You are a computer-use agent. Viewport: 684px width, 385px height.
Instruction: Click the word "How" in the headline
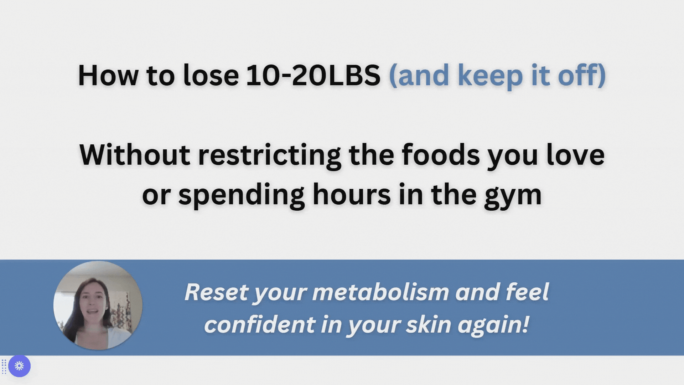click(108, 75)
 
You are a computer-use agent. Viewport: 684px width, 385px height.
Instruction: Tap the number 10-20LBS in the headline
click(313, 75)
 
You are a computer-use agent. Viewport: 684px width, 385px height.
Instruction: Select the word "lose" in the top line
click(211, 75)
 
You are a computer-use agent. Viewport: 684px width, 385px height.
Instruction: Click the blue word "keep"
click(490, 77)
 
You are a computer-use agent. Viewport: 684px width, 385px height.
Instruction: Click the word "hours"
click(352, 194)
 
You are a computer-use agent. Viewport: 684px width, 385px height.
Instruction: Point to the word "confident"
click(259, 324)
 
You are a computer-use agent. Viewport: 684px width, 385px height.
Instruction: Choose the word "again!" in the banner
click(493, 325)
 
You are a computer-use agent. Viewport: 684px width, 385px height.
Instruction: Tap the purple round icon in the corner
click(19, 366)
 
